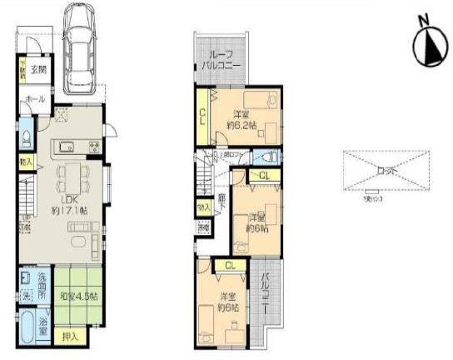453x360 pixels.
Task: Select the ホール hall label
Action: (x=35, y=99)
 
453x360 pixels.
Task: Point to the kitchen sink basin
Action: (x=67, y=148)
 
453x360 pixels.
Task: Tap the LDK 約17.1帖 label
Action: (x=70, y=205)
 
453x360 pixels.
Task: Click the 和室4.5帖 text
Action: (x=80, y=295)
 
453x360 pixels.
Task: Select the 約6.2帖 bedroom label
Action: (x=242, y=124)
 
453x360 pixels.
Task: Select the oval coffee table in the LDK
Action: (x=77, y=242)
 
